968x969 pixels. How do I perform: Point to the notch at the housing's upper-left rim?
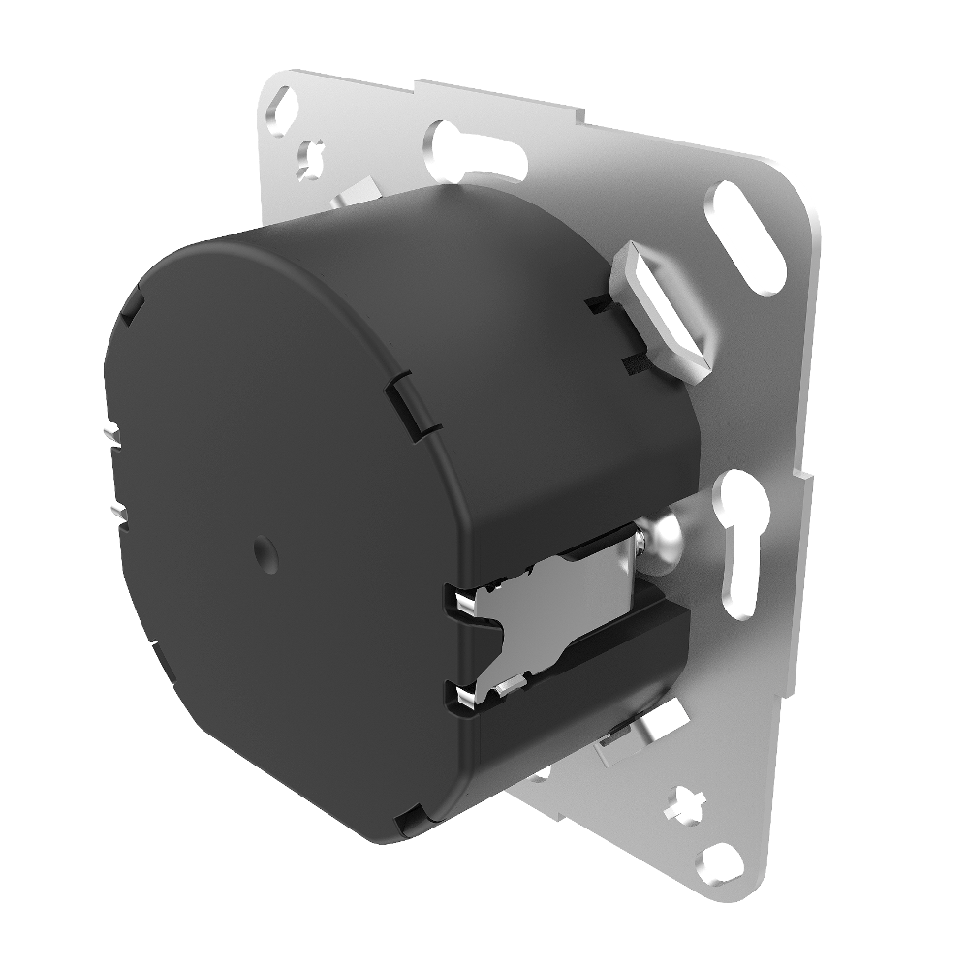(x=130, y=312)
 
